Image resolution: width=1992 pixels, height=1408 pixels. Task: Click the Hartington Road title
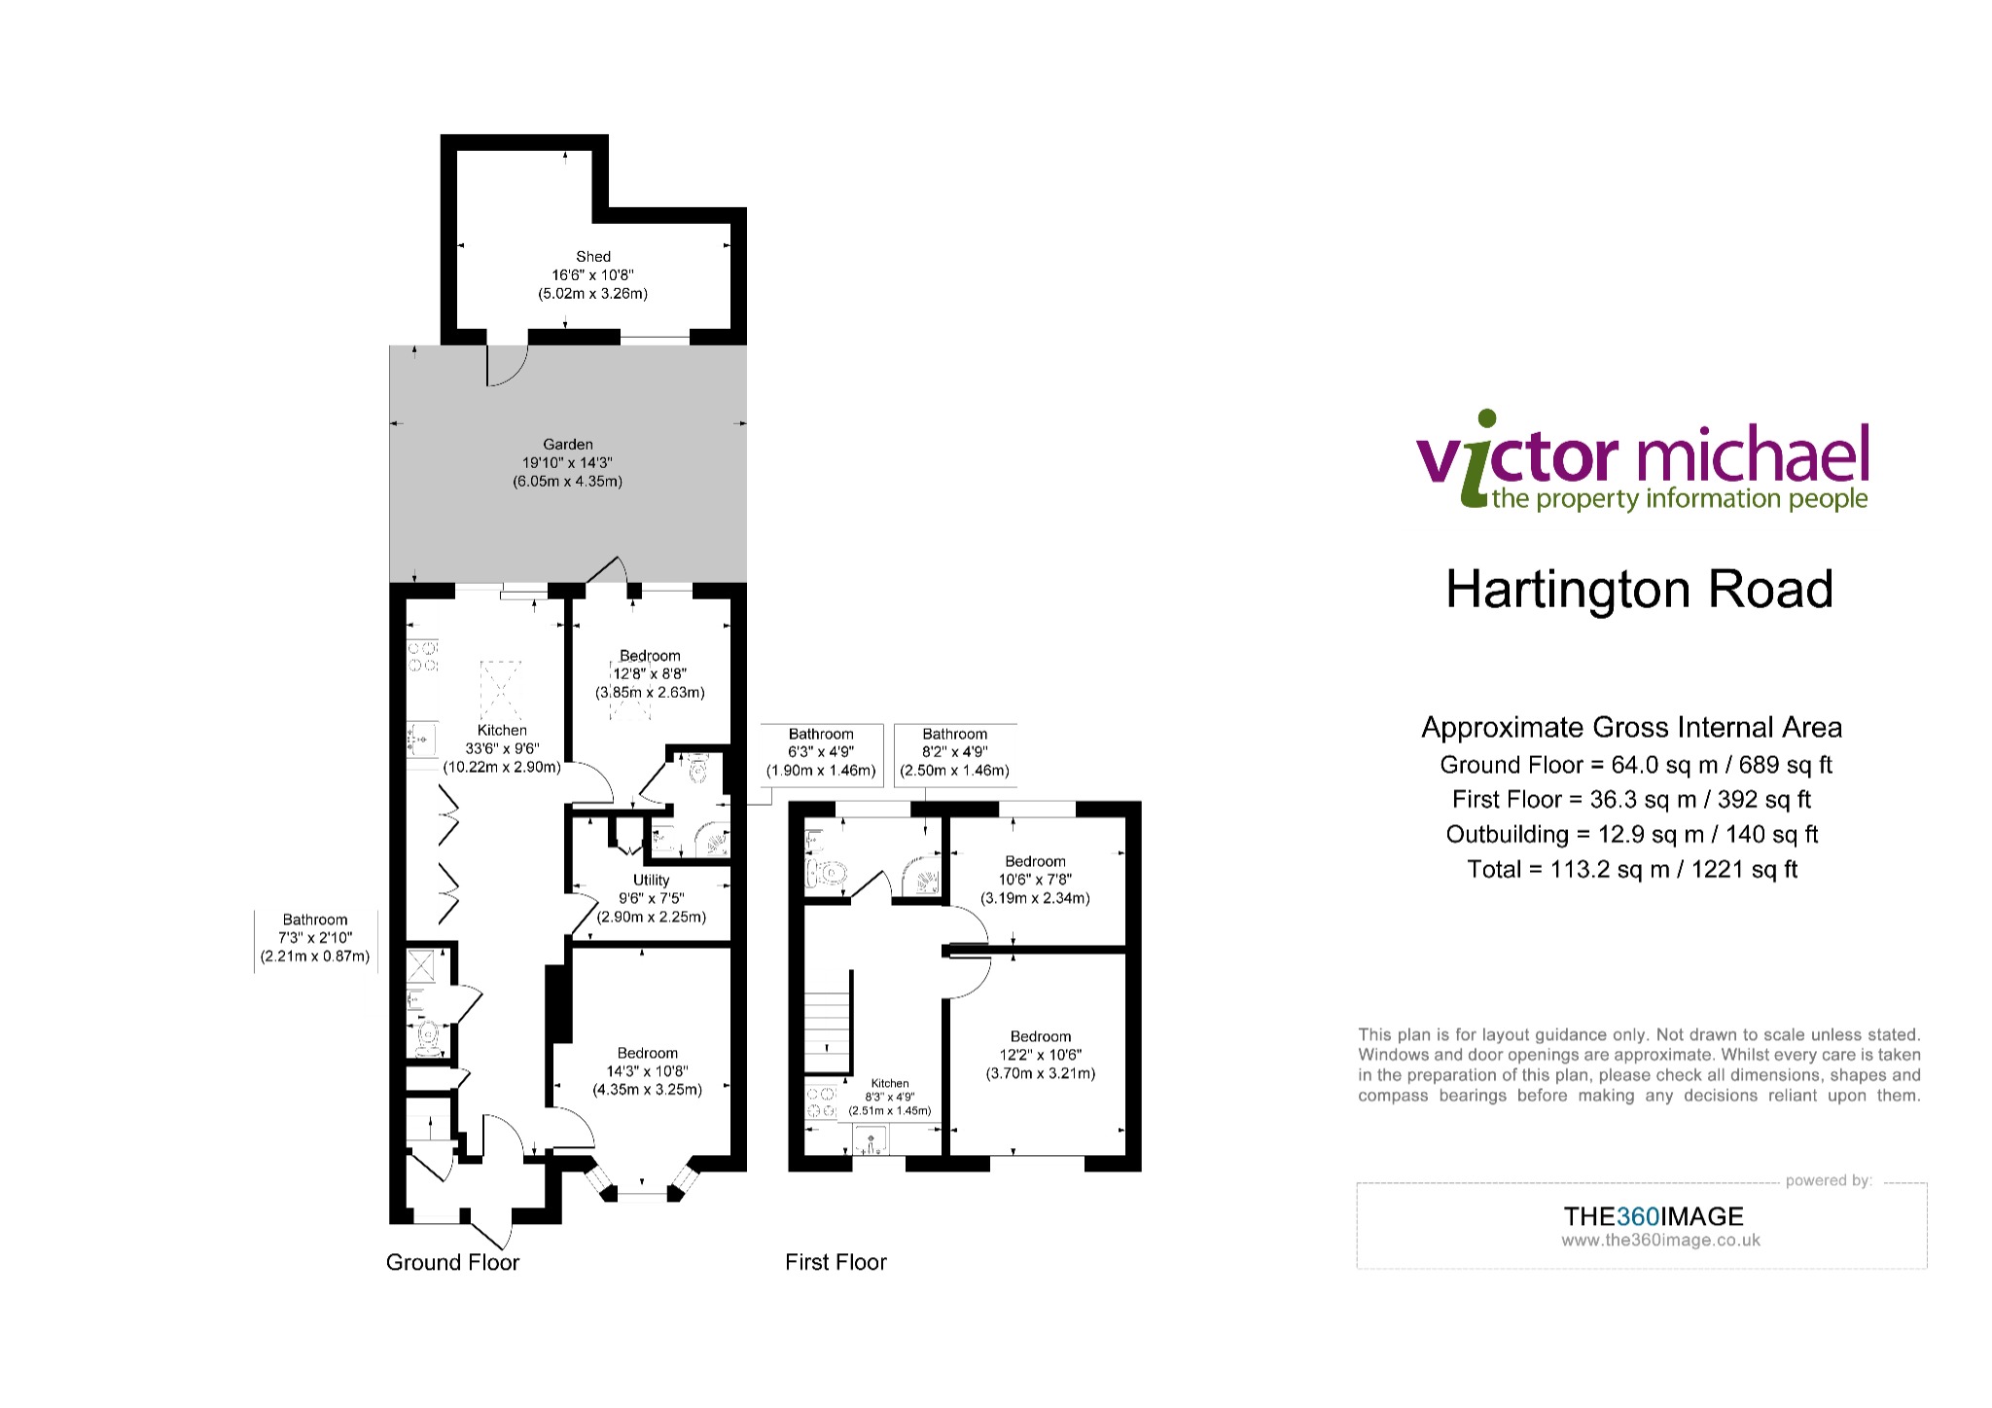(x=1639, y=590)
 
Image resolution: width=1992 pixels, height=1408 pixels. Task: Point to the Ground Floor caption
(x=453, y=1262)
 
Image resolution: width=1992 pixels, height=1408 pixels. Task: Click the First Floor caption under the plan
(x=836, y=1262)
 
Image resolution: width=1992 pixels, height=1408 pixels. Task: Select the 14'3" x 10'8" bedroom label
(x=648, y=1071)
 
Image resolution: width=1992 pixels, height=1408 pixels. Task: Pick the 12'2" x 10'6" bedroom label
(x=1041, y=1055)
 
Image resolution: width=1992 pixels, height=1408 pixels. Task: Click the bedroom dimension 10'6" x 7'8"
(x=1036, y=880)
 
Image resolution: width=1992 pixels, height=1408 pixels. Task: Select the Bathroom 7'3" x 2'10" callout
(x=315, y=938)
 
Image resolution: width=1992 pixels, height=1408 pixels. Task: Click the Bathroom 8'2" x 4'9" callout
(x=955, y=752)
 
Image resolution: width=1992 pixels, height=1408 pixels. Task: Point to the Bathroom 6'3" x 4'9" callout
(x=821, y=752)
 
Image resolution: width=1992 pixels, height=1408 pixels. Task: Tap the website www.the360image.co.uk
(x=1660, y=1241)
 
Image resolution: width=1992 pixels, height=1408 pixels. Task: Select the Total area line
(x=1632, y=869)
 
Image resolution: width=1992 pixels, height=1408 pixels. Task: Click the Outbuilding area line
(x=1632, y=834)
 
